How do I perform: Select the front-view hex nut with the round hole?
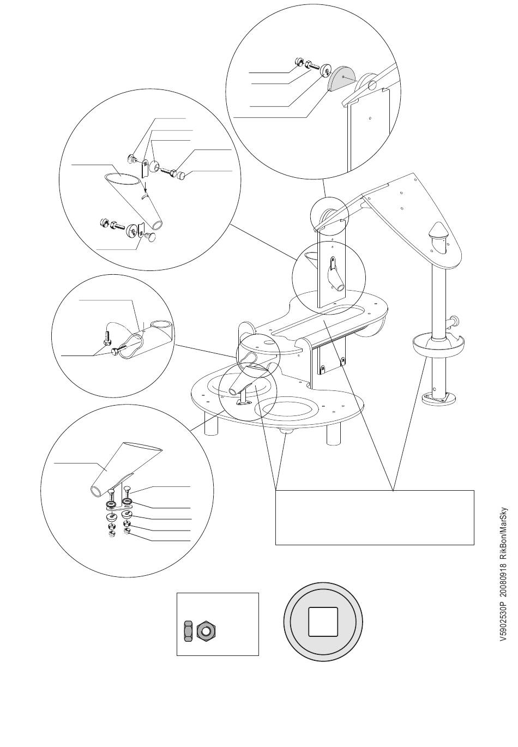205,631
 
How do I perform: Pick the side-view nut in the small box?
188,631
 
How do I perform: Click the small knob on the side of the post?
454,321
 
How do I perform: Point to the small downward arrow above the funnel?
146,186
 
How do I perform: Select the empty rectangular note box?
374,517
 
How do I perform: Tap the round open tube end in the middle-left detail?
164,326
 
